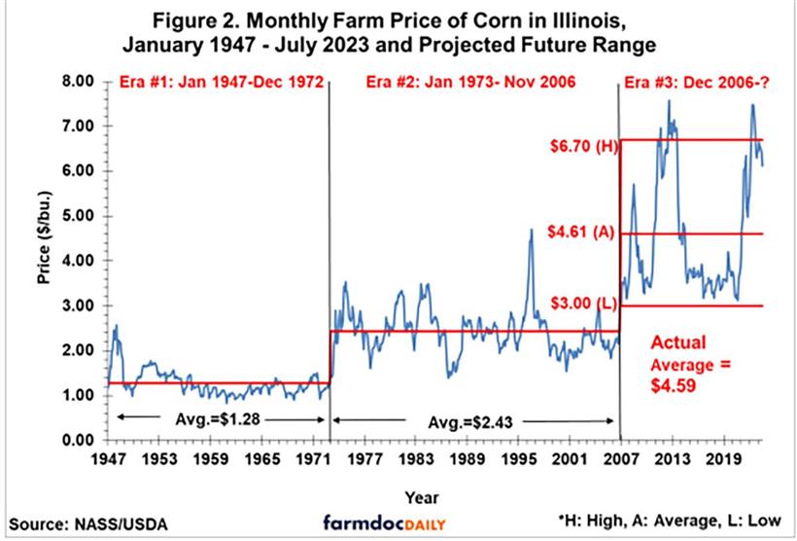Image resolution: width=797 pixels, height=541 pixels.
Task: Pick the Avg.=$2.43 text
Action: pyautogui.click(x=470, y=421)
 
